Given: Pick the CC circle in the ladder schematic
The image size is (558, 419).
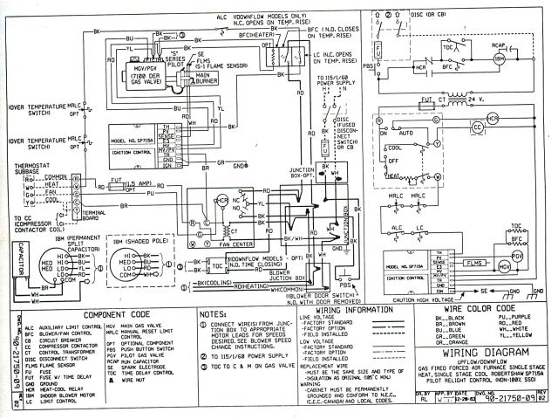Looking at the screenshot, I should pos(501,127).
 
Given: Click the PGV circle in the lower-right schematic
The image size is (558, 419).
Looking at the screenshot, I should pos(516,255).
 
